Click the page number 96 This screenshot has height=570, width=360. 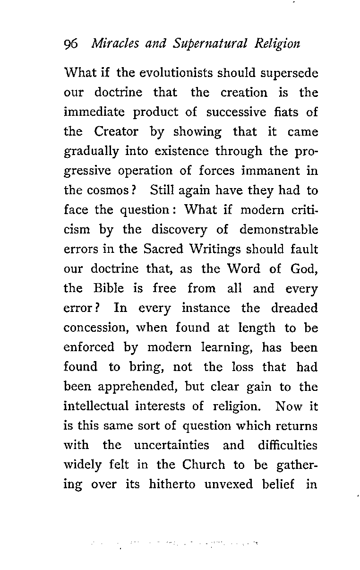(70, 44)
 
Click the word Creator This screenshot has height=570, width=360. (116, 132)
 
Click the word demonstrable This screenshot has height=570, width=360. (278, 230)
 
